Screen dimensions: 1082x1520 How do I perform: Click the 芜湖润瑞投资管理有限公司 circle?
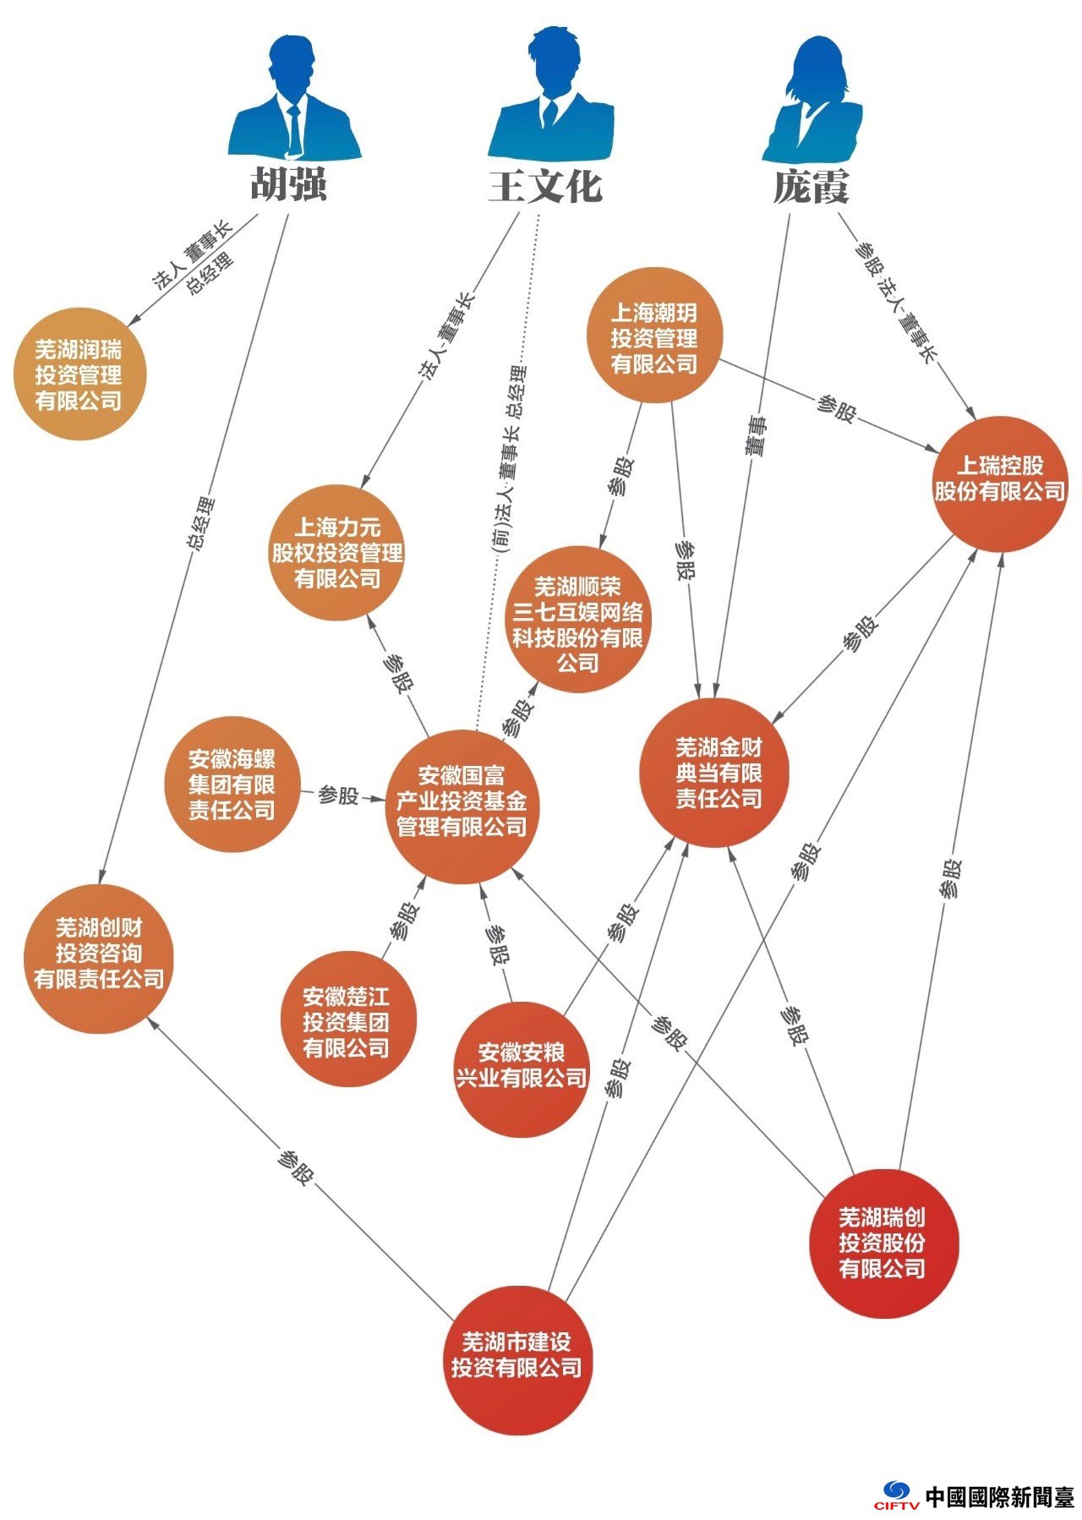tap(79, 374)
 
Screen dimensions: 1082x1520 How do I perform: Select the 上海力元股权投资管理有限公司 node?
tap(336, 553)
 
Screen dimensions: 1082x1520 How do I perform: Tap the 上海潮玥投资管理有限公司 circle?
tap(655, 336)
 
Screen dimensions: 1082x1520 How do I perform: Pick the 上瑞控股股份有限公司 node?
tap(1000, 484)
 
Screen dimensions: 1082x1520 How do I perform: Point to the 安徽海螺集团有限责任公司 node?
tap(232, 784)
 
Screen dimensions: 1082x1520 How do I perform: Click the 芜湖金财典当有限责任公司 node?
tap(718, 773)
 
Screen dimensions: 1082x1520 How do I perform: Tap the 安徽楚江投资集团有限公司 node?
tap(348, 1019)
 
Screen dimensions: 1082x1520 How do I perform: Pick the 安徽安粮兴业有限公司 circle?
tap(521, 1069)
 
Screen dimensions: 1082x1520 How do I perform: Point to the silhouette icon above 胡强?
tap(294, 97)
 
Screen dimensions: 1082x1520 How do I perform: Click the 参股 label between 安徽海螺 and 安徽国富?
tap(338, 796)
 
